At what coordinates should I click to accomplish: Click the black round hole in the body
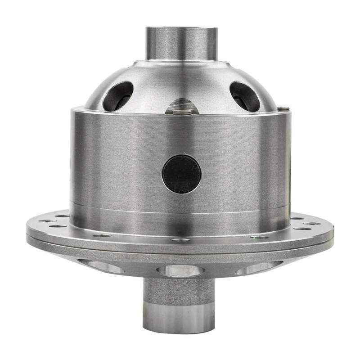tap(181, 174)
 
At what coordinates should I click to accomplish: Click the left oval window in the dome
tap(118, 96)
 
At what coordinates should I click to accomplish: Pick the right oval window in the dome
tap(244, 96)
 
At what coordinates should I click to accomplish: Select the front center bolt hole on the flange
tap(181, 240)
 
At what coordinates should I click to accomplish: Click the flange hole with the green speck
tap(260, 237)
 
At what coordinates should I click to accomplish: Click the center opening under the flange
tap(180, 270)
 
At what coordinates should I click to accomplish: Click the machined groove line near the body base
tap(180, 211)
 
